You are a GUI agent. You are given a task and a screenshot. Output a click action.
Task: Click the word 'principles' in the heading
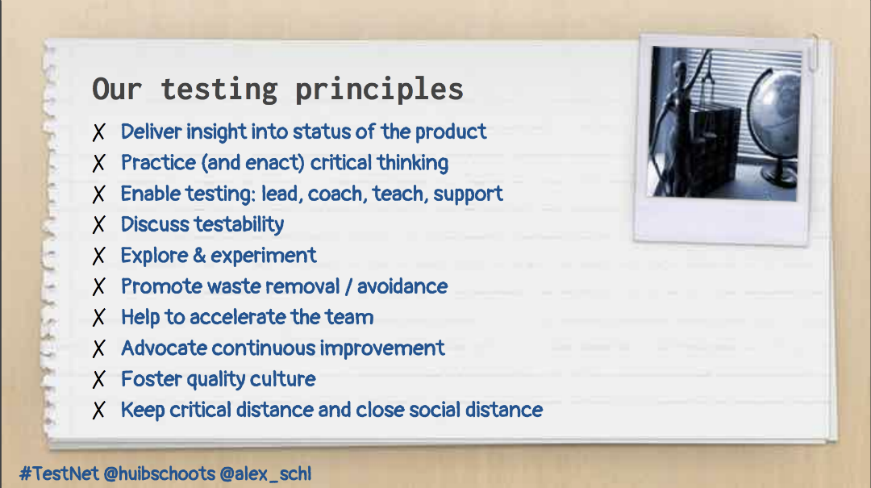pos(379,90)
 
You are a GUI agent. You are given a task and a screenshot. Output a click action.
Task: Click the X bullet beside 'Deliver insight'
pos(99,132)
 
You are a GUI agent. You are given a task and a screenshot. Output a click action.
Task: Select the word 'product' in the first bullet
pos(451,132)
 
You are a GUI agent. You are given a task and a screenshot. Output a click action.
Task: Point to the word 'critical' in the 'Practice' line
pos(340,162)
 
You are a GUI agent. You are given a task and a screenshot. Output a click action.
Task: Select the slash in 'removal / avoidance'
pos(348,287)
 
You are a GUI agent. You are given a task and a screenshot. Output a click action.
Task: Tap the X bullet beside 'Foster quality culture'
pos(99,380)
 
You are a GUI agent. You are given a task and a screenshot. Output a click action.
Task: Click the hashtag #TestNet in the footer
pos(59,473)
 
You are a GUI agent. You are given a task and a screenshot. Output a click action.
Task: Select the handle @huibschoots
pos(160,473)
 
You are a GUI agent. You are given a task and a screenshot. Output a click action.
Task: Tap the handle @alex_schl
pos(265,474)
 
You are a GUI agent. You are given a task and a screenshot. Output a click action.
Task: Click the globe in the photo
pos(774,125)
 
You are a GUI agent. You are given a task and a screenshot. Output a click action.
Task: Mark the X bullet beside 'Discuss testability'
pos(99,225)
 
